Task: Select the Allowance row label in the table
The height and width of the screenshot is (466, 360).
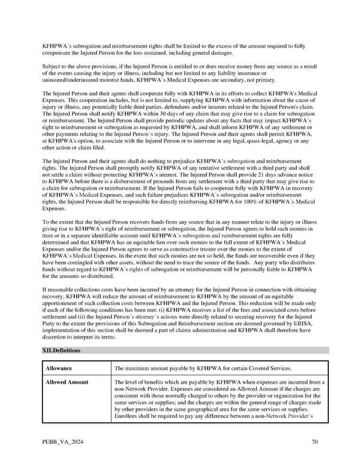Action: point(59,368)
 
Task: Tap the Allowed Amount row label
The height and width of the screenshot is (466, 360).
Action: point(67,382)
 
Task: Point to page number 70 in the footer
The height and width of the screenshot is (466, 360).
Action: point(314,443)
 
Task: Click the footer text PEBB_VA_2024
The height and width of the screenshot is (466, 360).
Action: point(62,443)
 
